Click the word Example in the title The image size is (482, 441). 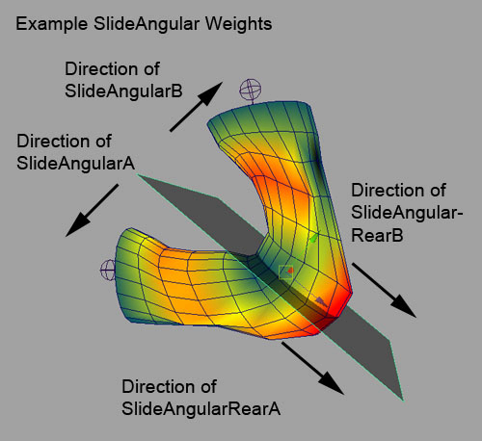[x=52, y=24]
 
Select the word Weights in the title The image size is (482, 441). [x=238, y=24]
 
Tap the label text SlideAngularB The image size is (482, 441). [x=123, y=91]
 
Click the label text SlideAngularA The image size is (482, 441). [x=75, y=164]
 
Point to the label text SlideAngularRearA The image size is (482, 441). [x=201, y=409]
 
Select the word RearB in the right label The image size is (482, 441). [x=377, y=235]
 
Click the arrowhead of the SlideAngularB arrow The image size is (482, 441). [x=211, y=92]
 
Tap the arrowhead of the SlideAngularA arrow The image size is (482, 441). [x=77, y=225]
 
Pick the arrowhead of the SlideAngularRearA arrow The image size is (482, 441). [x=331, y=382]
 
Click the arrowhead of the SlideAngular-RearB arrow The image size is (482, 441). [x=403, y=306]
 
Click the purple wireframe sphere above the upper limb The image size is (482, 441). [x=251, y=90]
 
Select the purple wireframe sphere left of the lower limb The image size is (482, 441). [x=108, y=271]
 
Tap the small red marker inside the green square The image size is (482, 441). [x=290, y=271]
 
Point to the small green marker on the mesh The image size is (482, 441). [x=313, y=239]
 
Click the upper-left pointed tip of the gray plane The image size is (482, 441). [x=138, y=175]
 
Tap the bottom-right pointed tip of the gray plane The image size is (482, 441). [x=402, y=399]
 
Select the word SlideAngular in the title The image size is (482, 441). [x=147, y=24]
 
